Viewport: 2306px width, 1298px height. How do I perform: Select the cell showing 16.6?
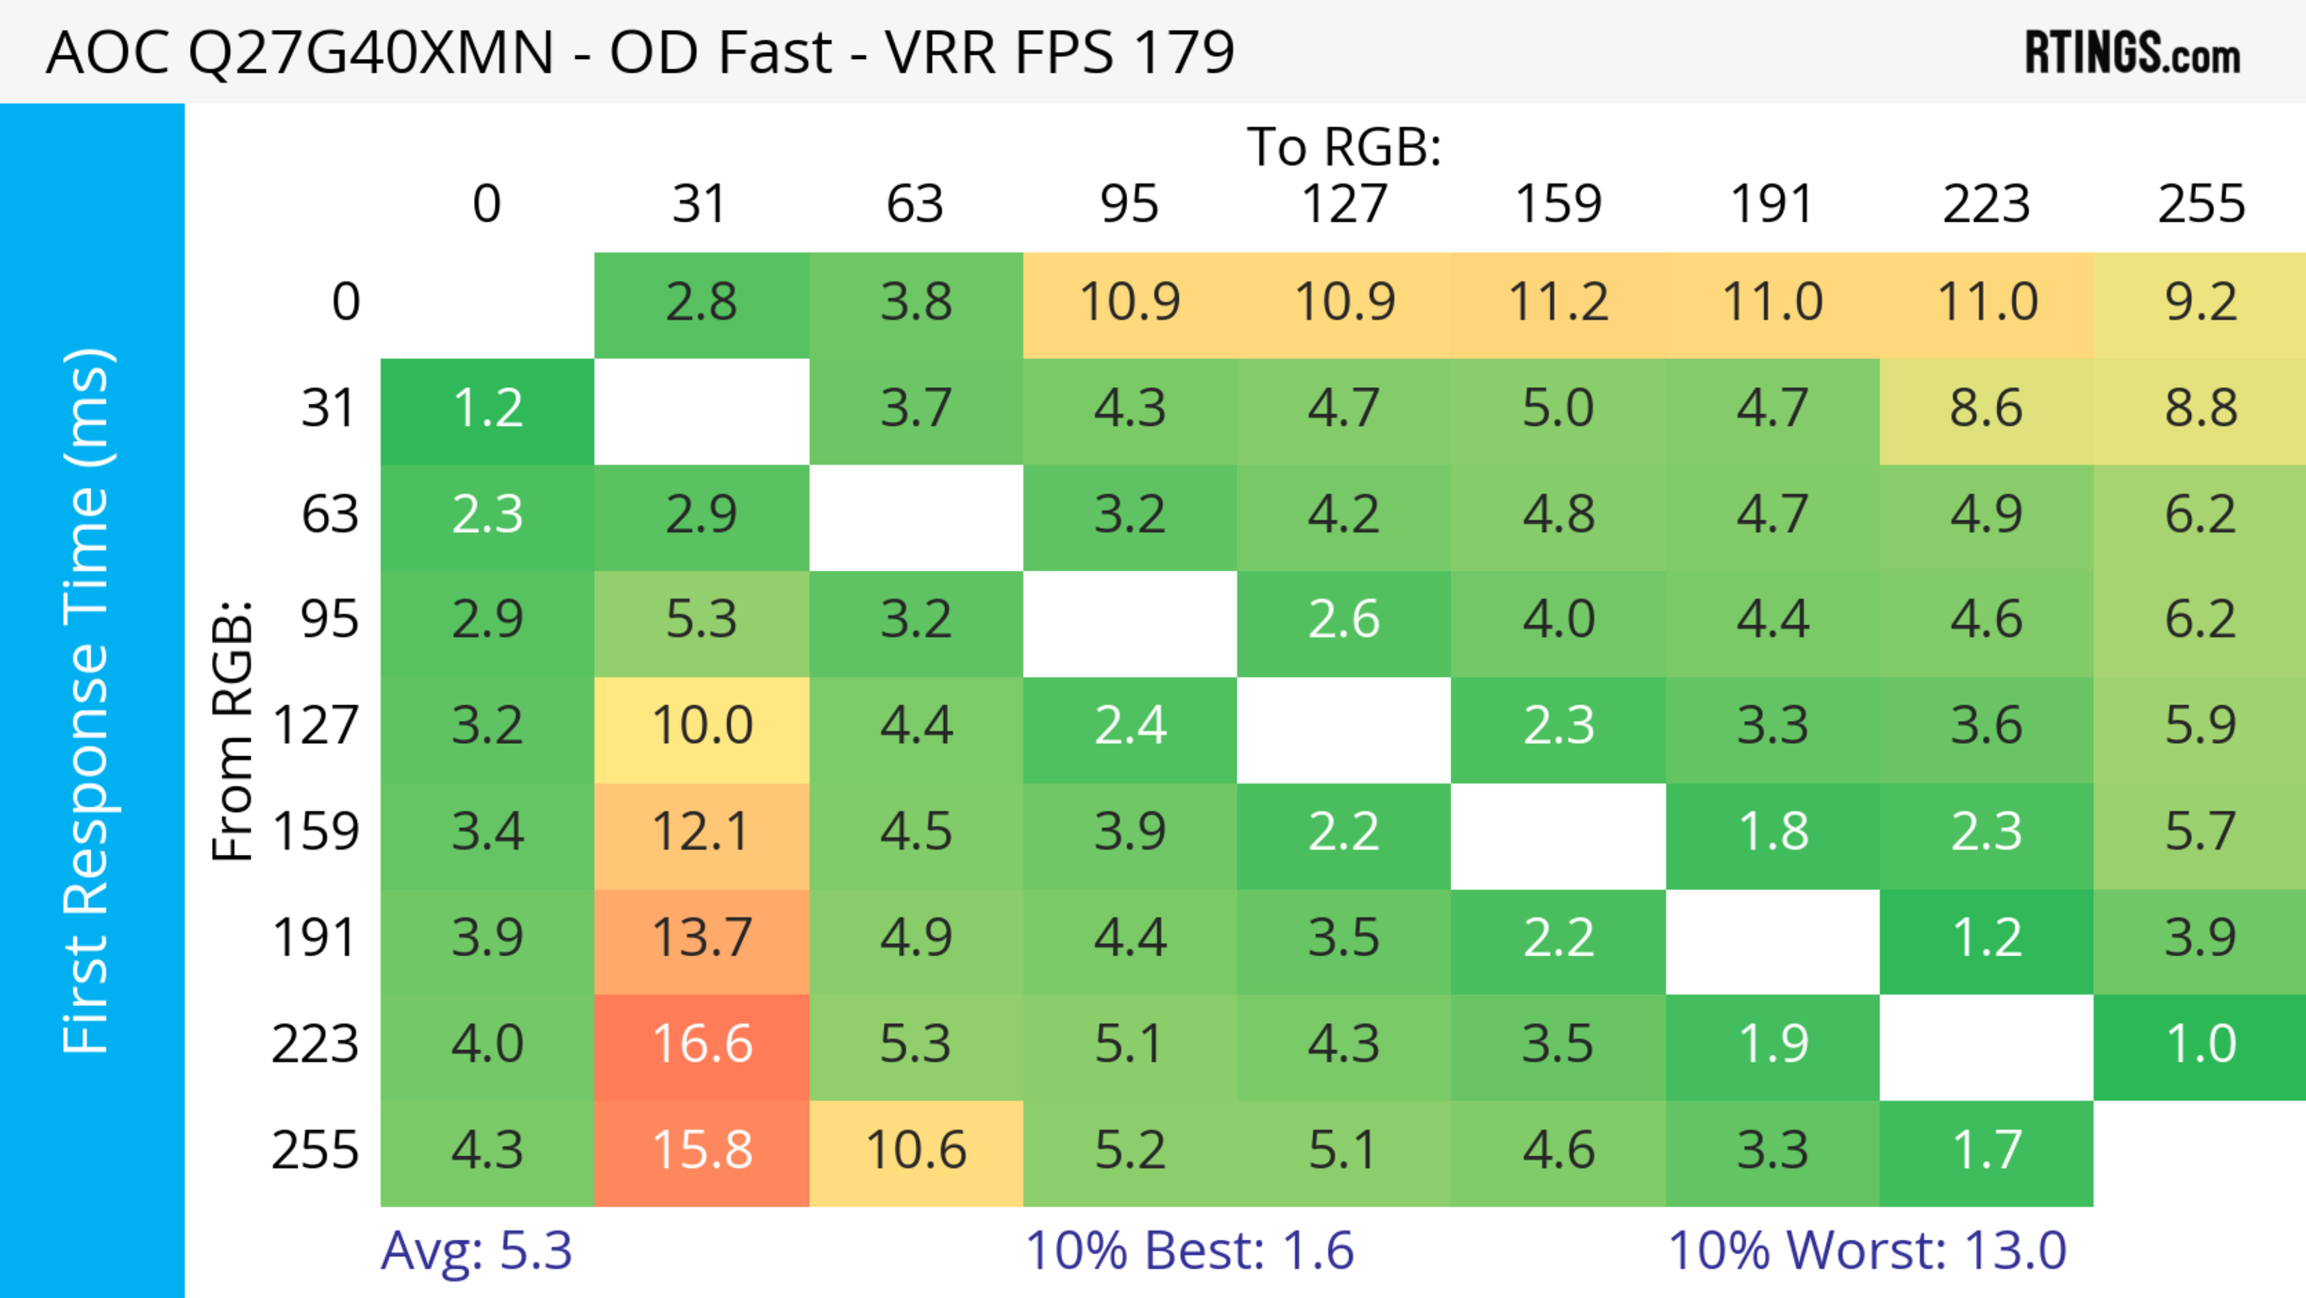pos(702,1045)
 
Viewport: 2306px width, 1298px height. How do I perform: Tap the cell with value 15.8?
pos(702,1150)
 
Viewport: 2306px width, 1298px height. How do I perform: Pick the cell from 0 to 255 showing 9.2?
pos(2200,303)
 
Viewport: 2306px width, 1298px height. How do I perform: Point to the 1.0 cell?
pos(2200,1045)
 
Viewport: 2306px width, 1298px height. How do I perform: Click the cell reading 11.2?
pos(1558,303)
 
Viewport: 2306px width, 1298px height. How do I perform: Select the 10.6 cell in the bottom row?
pos(916,1150)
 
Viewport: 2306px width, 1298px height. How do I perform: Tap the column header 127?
pos(1344,204)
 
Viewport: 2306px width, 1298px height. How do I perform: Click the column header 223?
pos(1987,204)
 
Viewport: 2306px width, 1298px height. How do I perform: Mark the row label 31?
pos(330,409)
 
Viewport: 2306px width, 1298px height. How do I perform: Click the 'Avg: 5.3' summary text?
pos(476,1251)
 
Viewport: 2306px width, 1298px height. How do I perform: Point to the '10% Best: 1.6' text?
pos(1189,1251)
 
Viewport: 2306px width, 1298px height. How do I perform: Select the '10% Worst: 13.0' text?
pos(1868,1251)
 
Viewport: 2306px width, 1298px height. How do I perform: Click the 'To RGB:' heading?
pos(1344,147)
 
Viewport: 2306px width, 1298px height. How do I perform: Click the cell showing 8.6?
pos(1987,409)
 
